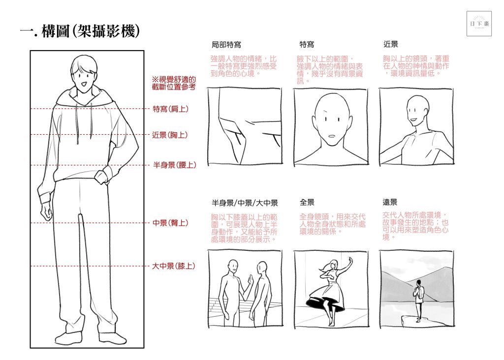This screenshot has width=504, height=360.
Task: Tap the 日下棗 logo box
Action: tap(479, 24)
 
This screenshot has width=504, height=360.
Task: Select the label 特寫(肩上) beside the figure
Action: tap(170, 109)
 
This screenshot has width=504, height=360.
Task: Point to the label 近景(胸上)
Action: tap(170, 135)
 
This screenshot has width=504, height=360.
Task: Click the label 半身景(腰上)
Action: tap(175, 165)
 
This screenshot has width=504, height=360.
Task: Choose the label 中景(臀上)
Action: tap(170, 223)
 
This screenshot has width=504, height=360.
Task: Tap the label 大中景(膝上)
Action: tap(174, 266)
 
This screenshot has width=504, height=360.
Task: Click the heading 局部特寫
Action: tap(226, 45)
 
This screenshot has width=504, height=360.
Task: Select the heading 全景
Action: tap(307, 202)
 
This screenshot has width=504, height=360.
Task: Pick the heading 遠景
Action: tap(390, 202)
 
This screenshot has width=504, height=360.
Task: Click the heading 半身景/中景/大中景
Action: tap(245, 203)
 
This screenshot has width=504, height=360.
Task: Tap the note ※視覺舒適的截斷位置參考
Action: tap(174, 83)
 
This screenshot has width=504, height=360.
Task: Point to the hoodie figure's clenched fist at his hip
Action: tap(101, 177)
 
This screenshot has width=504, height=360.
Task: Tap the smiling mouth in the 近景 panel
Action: tap(414, 121)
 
